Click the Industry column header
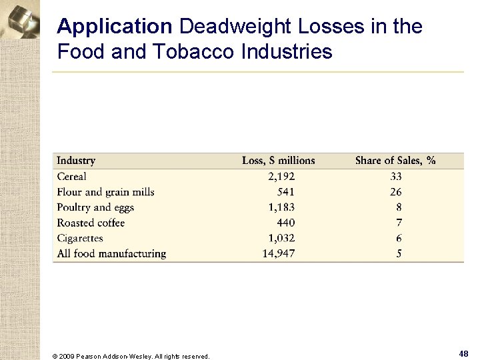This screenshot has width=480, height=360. coord(76,161)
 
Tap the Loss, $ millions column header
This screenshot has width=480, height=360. coord(278,161)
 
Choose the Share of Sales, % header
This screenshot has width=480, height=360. coord(395,161)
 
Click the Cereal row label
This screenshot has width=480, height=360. coord(71,177)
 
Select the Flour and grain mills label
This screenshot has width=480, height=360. coord(105,192)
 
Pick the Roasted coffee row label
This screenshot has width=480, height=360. coord(91,223)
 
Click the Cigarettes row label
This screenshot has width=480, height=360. coord(80,238)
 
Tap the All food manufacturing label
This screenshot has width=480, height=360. coord(111,253)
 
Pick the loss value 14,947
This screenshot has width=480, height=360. coord(279,253)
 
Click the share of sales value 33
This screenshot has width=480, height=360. coord(396,177)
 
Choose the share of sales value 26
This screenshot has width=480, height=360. coord(396,192)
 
